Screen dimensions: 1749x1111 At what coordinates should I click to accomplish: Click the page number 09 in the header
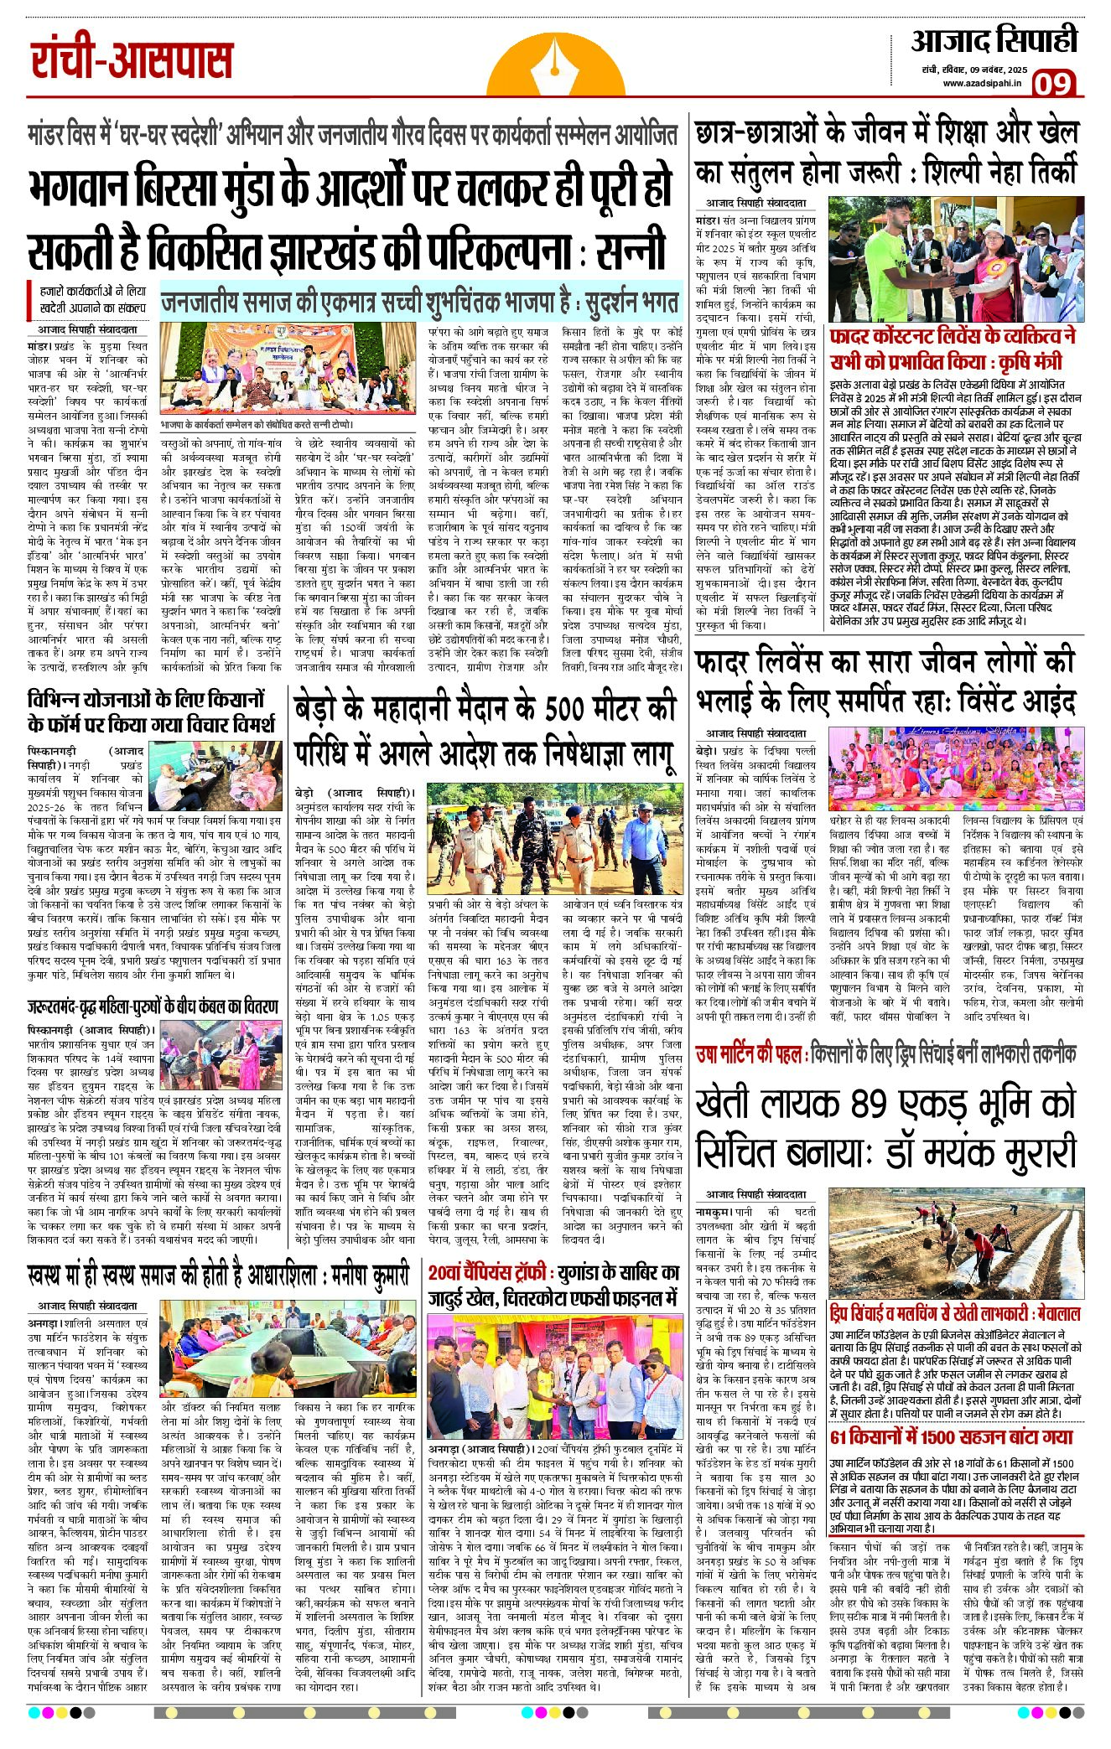point(1053,84)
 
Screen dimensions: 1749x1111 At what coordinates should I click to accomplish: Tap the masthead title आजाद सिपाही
point(994,41)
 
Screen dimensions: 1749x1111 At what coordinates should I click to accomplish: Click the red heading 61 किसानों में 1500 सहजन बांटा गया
point(951,1436)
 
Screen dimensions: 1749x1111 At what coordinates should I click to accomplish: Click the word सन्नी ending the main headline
point(632,251)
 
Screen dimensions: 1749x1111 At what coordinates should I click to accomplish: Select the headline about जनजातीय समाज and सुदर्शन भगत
point(419,301)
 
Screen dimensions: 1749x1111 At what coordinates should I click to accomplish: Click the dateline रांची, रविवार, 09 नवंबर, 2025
point(971,70)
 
